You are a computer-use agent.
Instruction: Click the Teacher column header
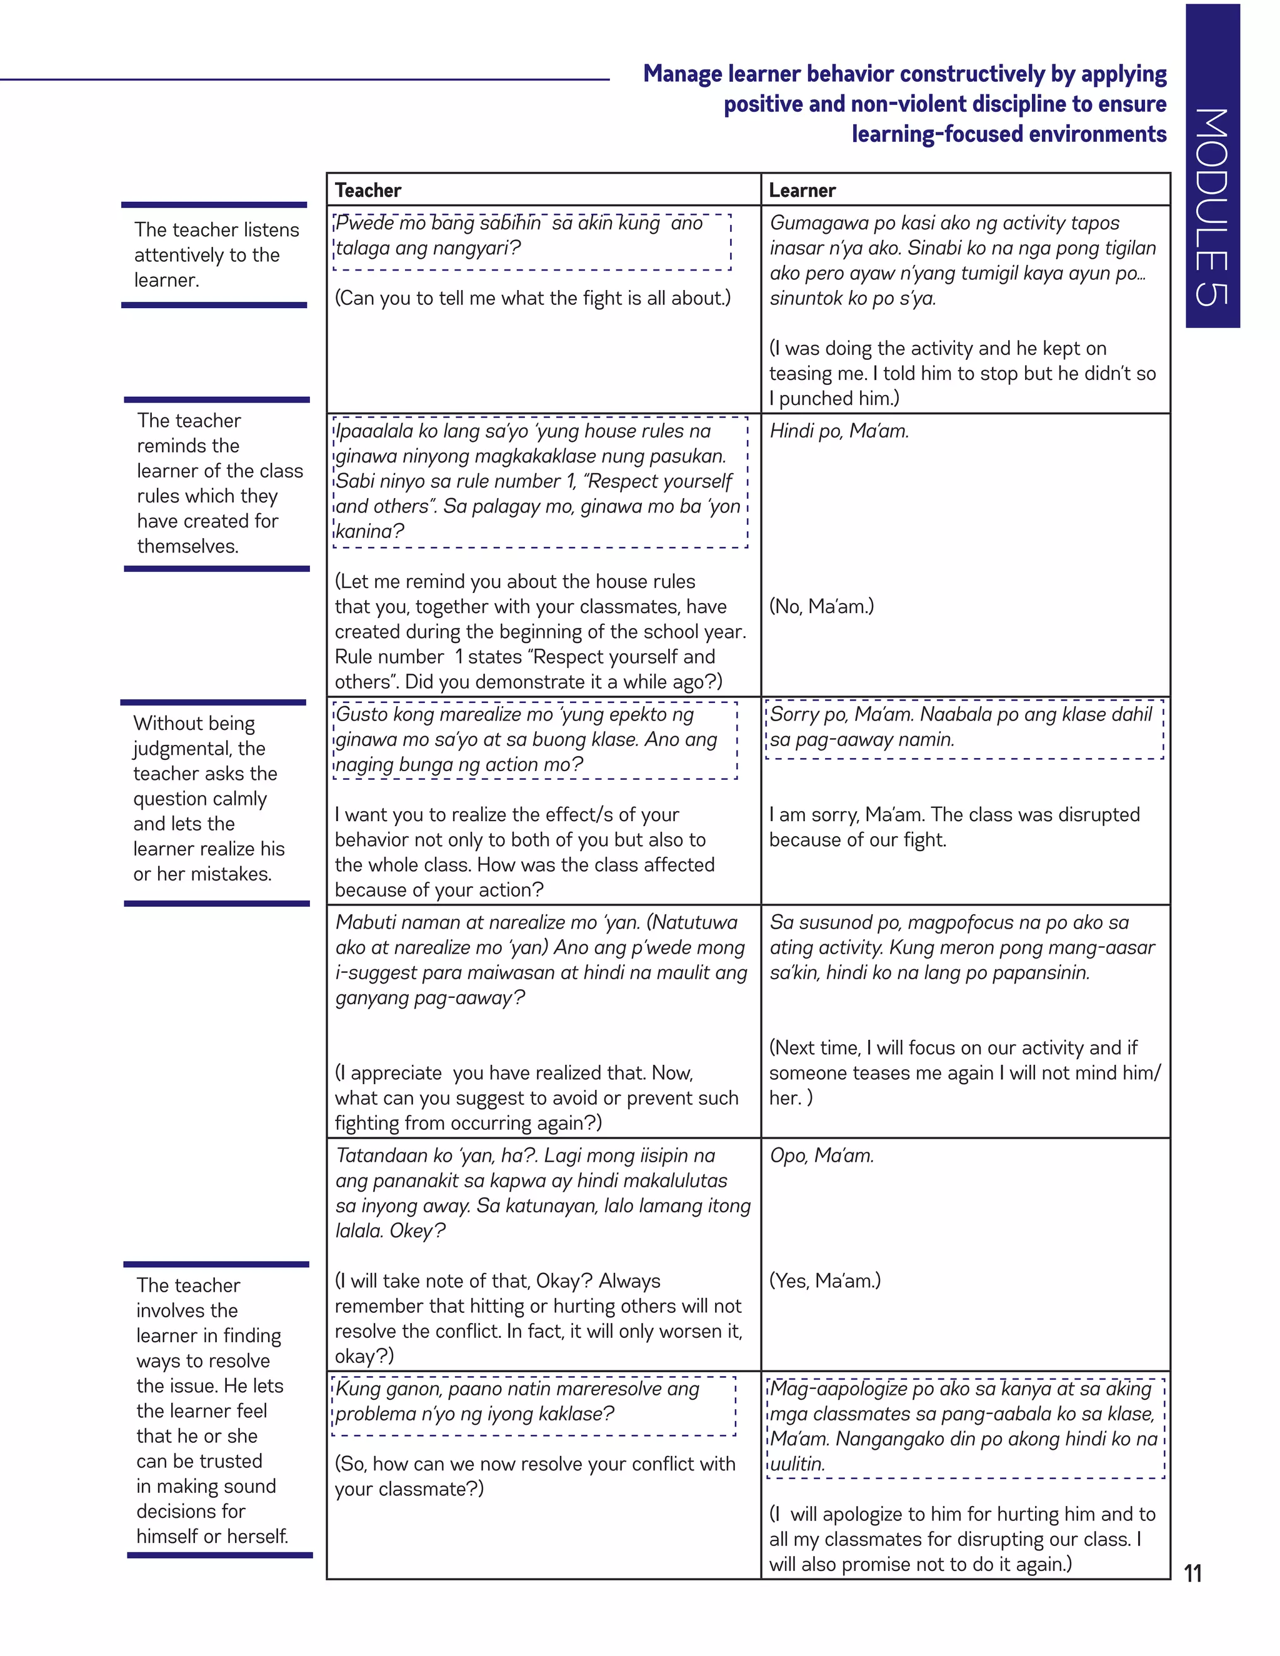click(367, 191)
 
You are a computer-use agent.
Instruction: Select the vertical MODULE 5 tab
click(1212, 167)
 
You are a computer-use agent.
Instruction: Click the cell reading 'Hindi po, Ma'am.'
click(839, 431)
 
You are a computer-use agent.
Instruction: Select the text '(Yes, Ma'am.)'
click(824, 1280)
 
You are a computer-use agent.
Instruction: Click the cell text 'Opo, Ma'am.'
click(821, 1155)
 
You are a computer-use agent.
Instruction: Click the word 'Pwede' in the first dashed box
click(364, 223)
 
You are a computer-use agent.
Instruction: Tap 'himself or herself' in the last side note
click(212, 1536)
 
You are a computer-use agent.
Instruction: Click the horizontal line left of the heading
click(303, 79)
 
